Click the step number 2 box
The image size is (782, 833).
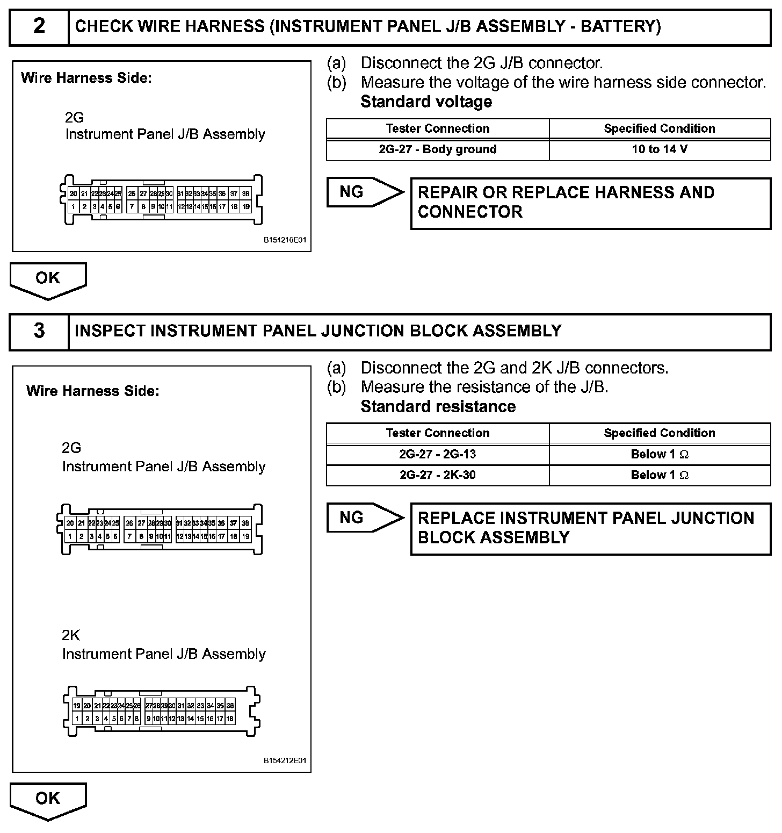(x=39, y=27)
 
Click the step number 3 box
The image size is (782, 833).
(x=39, y=331)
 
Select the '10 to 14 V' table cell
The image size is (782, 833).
(x=660, y=149)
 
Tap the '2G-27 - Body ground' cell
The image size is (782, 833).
(x=437, y=149)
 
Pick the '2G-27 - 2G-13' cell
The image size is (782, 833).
(x=437, y=454)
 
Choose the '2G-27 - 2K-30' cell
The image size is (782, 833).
(x=437, y=475)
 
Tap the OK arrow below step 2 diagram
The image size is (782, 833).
(x=48, y=279)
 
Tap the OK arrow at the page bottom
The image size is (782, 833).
(x=48, y=800)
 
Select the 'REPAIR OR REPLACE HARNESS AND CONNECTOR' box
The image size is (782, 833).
(x=590, y=203)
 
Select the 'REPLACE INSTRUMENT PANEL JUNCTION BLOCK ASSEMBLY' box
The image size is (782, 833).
(x=590, y=528)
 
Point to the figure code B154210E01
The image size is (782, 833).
(x=285, y=241)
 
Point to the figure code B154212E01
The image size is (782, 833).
(x=285, y=761)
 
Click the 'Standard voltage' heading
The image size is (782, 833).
(x=426, y=102)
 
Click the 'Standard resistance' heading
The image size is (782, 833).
(x=438, y=406)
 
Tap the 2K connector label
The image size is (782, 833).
(x=71, y=635)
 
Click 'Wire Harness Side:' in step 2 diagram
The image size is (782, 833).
(x=86, y=78)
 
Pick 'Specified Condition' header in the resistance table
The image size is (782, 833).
(x=660, y=433)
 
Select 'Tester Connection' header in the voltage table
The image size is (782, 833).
(x=437, y=128)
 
